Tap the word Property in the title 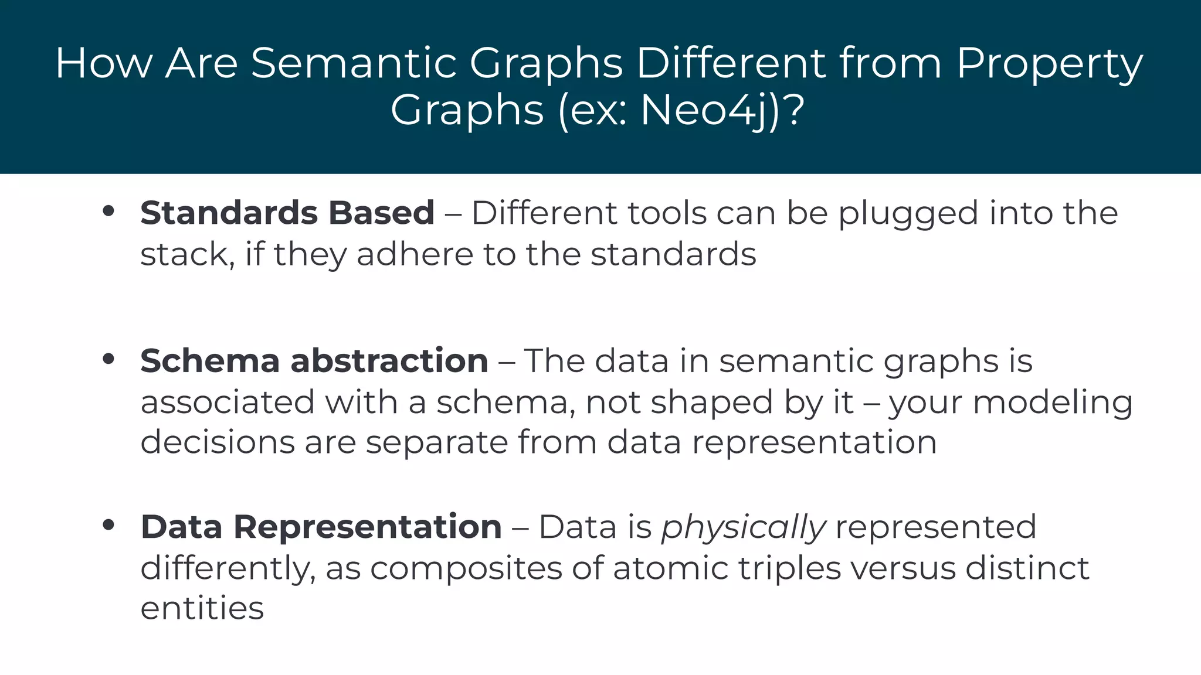click(1050, 63)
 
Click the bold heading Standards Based click(287, 212)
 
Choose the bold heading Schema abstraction click(314, 360)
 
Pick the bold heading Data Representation click(321, 526)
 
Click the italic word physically click(744, 527)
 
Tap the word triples click(789, 568)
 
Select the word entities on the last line click(202, 608)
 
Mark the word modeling click(1053, 403)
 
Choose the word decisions click(218, 442)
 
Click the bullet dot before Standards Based click(108, 211)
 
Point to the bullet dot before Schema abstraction click(108, 359)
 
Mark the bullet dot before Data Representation click(108, 525)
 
